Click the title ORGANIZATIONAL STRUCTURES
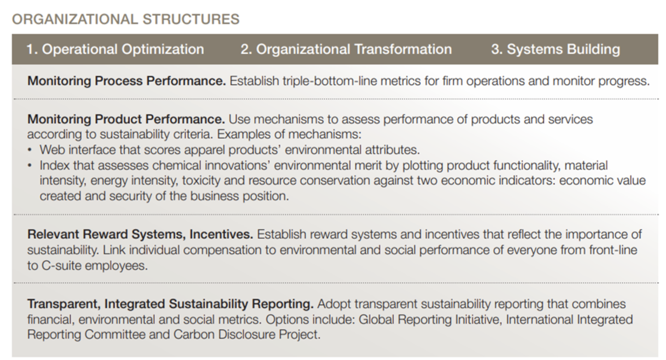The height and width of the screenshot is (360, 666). [126, 19]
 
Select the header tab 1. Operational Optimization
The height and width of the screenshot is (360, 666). [115, 49]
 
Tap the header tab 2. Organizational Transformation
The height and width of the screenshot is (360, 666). [346, 49]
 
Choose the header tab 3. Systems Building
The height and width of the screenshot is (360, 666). [555, 49]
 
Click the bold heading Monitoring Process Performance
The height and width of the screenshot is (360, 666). [127, 81]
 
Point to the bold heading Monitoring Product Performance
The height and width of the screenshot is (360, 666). [126, 119]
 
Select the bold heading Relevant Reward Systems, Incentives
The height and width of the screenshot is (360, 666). [140, 234]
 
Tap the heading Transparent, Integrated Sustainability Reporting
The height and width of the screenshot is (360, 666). [170, 304]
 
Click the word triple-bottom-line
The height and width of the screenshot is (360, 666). [330, 81]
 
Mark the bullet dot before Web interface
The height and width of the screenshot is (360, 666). [30, 150]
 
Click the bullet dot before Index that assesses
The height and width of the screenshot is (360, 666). [30, 165]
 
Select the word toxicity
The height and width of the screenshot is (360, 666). [201, 180]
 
